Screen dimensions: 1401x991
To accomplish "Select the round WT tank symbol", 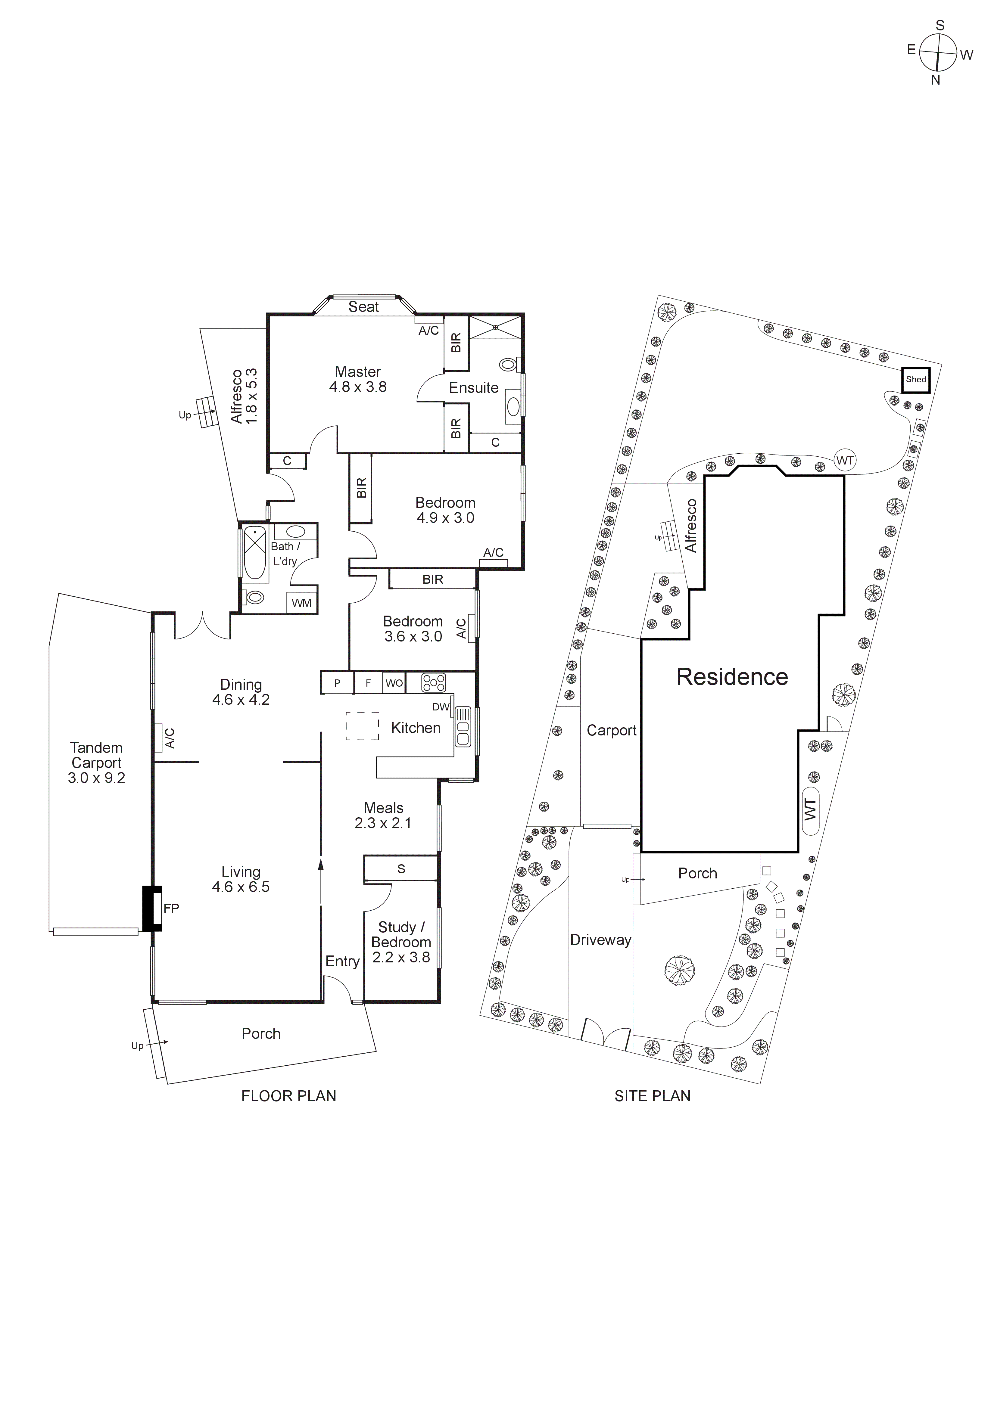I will pos(845,461).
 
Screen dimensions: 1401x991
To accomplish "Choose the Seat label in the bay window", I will pos(364,307).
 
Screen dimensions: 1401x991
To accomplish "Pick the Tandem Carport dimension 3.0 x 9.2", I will pos(96,778).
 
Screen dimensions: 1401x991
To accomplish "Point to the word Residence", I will pos(732,677).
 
